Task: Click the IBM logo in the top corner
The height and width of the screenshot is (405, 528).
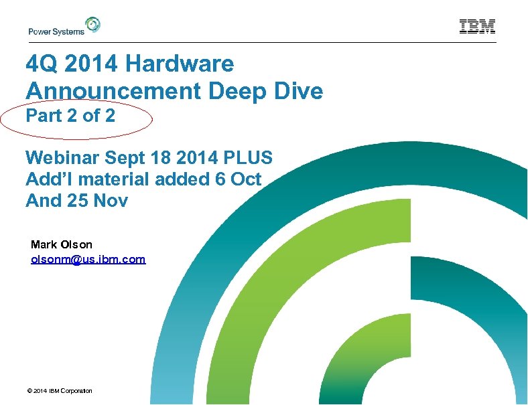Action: coord(477,27)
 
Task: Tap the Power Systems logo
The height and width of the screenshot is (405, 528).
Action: coord(64,27)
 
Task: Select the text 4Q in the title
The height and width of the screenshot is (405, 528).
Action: coord(41,64)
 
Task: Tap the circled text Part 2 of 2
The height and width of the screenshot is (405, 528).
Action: coord(70,116)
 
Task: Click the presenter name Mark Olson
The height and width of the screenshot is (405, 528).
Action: coord(62,244)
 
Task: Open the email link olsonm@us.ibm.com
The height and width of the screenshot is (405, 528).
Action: coord(88,258)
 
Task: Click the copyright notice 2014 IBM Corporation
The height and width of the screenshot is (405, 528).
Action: coord(59,391)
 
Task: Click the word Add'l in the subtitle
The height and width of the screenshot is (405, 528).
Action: coord(46,179)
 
